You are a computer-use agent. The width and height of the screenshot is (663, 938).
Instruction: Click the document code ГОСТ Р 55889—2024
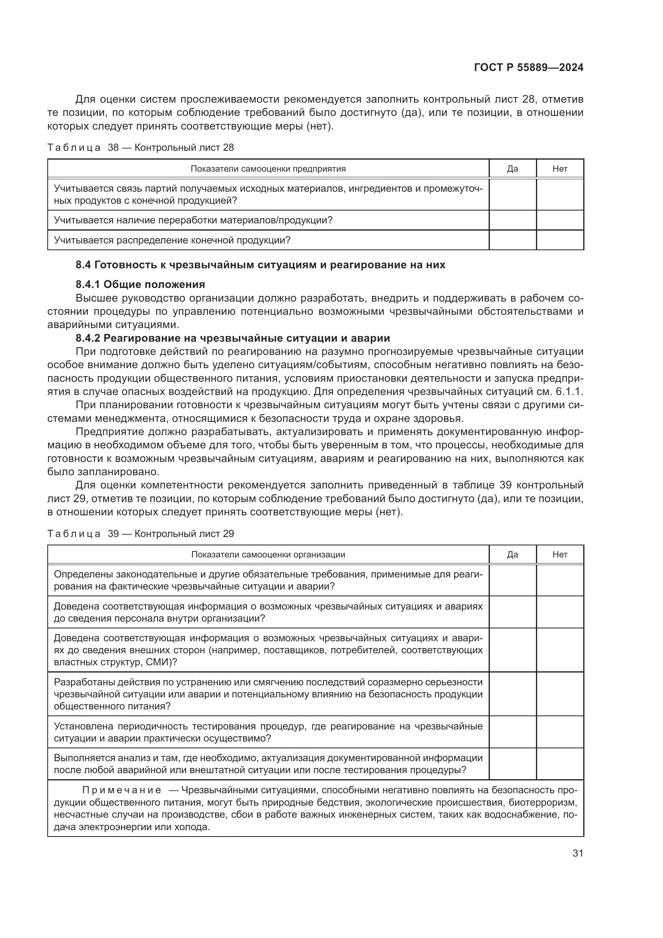pyautogui.click(x=528, y=68)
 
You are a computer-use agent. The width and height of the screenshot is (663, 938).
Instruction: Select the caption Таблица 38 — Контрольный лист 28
pyautogui.click(x=141, y=148)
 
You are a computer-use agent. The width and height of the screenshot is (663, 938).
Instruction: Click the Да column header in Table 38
pyautogui.click(x=512, y=169)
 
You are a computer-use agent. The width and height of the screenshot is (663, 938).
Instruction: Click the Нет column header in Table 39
pyautogui.click(x=560, y=554)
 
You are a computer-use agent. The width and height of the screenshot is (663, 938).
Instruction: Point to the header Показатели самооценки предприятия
pyautogui.click(x=268, y=169)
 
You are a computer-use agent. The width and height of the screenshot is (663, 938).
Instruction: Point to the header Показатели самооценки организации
pyautogui.click(x=268, y=554)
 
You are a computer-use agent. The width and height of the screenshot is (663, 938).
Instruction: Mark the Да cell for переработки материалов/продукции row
pyautogui.click(x=512, y=220)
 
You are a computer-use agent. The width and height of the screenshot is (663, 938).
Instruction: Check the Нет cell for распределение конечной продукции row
pyautogui.click(x=560, y=240)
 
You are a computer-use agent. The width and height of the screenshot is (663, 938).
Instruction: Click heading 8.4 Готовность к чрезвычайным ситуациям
pyautogui.click(x=261, y=265)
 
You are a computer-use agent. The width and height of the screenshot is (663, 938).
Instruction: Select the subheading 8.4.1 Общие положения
pyautogui.click(x=140, y=284)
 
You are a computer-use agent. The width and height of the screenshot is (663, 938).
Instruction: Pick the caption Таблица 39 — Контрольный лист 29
pyautogui.click(x=141, y=533)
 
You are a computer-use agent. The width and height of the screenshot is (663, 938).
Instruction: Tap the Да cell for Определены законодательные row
pyautogui.click(x=512, y=580)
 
